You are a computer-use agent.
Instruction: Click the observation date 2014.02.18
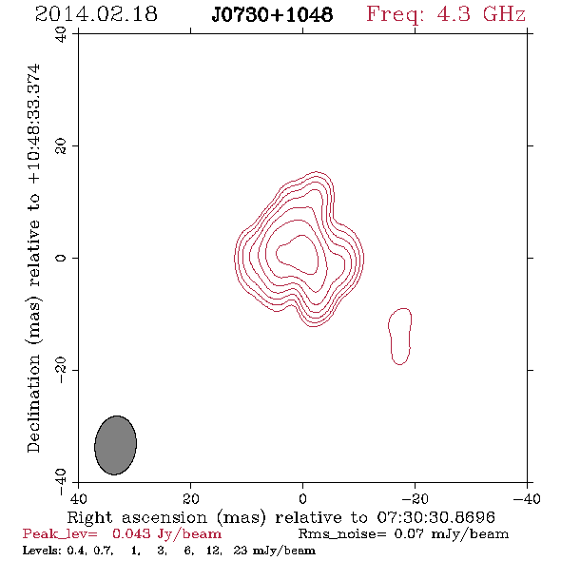(96, 14)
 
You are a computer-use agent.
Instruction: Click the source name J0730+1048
(272, 14)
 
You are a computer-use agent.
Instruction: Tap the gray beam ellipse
(116, 445)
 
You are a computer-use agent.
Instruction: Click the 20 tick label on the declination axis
(61, 146)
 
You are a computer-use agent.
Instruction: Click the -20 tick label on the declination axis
(61, 370)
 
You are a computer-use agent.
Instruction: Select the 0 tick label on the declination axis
(61, 258)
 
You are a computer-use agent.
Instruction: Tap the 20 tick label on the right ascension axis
(190, 499)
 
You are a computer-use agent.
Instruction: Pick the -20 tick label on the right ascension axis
(415, 499)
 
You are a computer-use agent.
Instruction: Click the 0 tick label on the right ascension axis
(302, 499)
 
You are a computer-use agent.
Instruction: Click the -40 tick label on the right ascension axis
(527, 499)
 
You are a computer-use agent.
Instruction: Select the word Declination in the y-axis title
(33, 403)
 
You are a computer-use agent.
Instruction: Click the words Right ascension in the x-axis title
(137, 517)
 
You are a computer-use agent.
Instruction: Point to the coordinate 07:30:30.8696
(436, 517)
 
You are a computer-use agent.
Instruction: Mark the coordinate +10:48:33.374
(34, 124)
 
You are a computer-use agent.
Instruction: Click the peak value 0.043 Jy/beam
(167, 534)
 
